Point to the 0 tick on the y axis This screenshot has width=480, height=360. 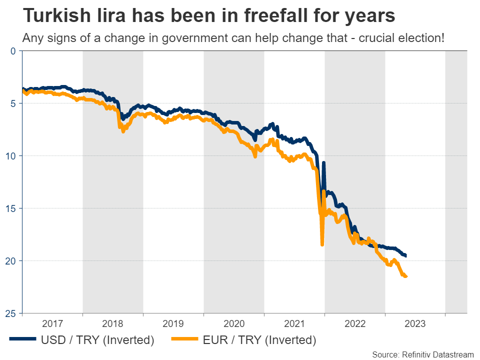pyautogui.click(x=13, y=50)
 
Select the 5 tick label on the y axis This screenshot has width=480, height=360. pyautogui.click(x=13, y=103)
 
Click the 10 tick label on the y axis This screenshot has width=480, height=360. pyautogui.click(x=10, y=155)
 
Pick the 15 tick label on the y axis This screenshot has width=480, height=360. pyautogui.click(x=10, y=208)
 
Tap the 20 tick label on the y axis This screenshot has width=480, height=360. pyautogui.click(x=10, y=260)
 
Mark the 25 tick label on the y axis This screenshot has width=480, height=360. pyautogui.click(x=10, y=313)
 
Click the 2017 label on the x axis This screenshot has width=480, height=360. pyautogui.click(x=52, y=323)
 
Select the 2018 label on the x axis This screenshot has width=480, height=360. pyautogui.click(x=113, y=323)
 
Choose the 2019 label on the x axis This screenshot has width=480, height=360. pyautogui.click(x=173, y=323)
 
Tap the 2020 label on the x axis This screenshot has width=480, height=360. pyautogui.click(x=234, y=323)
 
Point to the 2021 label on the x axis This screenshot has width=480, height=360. pyautogui.click(x=294, y=323)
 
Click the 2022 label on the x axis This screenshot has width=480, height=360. pyautogui.click(x=355, y=323)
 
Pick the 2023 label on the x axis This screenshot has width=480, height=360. pyautogui.click(x=415, y=323)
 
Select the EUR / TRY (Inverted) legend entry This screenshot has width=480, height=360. pyautogui.click(x=244, y=340)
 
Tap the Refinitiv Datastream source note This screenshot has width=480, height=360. pyautogui.click(x=423, y=354)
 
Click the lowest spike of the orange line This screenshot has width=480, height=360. pyautogui.click(x=322, y=244)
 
